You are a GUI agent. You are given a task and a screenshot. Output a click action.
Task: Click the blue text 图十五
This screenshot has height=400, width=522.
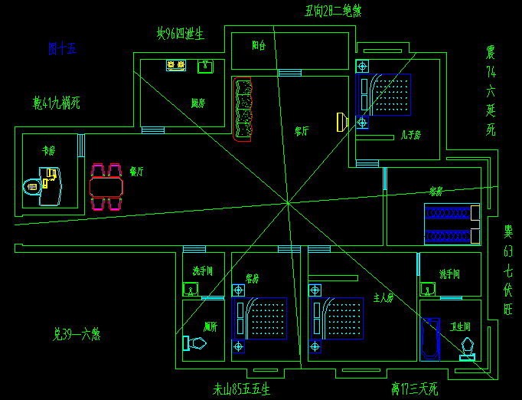click(x=62, y=50)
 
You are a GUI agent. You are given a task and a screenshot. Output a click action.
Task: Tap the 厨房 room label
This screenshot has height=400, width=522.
click(x=197, y=103)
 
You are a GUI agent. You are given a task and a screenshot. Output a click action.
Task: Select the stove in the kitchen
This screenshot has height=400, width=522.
click(x=176, y=66)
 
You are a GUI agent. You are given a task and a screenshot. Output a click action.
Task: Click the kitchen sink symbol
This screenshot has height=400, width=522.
click(x=205, y=67)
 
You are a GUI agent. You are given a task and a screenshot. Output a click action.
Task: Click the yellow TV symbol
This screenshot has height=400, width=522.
click(x=342, y=121)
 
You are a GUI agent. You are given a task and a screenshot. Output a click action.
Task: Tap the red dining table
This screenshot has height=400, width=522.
click(x=106, y=186)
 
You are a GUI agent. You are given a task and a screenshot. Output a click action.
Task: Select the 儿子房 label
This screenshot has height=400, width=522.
click(x=410, y=135)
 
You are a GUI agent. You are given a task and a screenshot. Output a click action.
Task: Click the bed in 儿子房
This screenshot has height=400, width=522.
click(x=390, y=93)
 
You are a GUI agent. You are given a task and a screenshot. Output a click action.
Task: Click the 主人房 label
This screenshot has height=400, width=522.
click(x=382, y=297)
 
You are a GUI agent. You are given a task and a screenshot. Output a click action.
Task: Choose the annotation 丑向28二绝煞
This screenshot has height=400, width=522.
click(x=333, y=11)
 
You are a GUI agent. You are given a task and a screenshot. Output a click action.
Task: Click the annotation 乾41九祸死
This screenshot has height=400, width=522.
click(x=56, y=103)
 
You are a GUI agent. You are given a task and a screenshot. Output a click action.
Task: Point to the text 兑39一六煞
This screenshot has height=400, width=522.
click(x=77, y=334)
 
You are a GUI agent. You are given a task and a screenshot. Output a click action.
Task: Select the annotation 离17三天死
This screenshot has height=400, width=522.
click(x=413, y=389)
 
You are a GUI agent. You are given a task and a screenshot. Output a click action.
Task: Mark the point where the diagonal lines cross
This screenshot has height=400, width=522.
click(x=288, y=203)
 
